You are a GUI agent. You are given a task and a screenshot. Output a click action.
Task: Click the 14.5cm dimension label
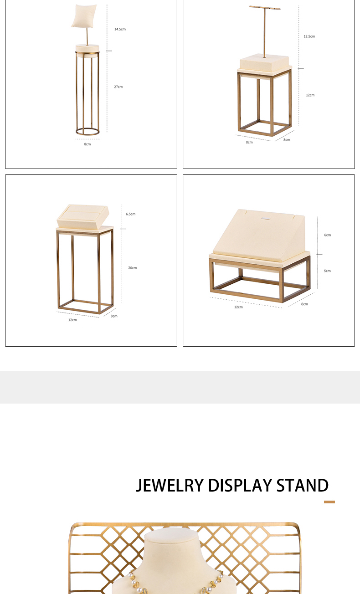point(120,29)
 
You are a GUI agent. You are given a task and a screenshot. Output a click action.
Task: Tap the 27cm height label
point(118,87)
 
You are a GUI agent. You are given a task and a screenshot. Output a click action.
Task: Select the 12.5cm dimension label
point(309,36)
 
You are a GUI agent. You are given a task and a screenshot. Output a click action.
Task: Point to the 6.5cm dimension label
point(130,214)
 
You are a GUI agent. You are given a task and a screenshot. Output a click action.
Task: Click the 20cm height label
point(133,268)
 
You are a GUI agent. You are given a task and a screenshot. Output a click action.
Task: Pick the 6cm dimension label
point(327,235)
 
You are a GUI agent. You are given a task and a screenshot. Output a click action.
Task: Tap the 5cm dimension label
point(327,271)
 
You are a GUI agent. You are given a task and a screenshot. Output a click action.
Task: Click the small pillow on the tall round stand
point(84,15)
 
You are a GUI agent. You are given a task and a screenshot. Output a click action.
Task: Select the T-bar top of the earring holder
point(265,7)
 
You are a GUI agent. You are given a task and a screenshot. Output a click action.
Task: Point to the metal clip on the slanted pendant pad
point(265,219)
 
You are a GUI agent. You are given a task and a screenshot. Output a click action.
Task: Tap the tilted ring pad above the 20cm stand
point(83,216)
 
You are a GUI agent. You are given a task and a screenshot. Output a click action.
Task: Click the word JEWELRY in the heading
point(170,486)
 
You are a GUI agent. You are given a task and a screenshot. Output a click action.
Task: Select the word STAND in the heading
point(303,486)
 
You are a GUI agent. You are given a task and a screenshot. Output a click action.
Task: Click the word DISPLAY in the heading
point(240,486)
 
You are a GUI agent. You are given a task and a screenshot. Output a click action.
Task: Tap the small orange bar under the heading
point(329,502)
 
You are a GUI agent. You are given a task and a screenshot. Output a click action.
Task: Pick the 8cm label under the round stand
point(87,144)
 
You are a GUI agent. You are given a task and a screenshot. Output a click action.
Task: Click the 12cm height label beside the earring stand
point(310,95)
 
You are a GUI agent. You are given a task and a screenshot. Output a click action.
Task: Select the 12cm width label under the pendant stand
point(238,307)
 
